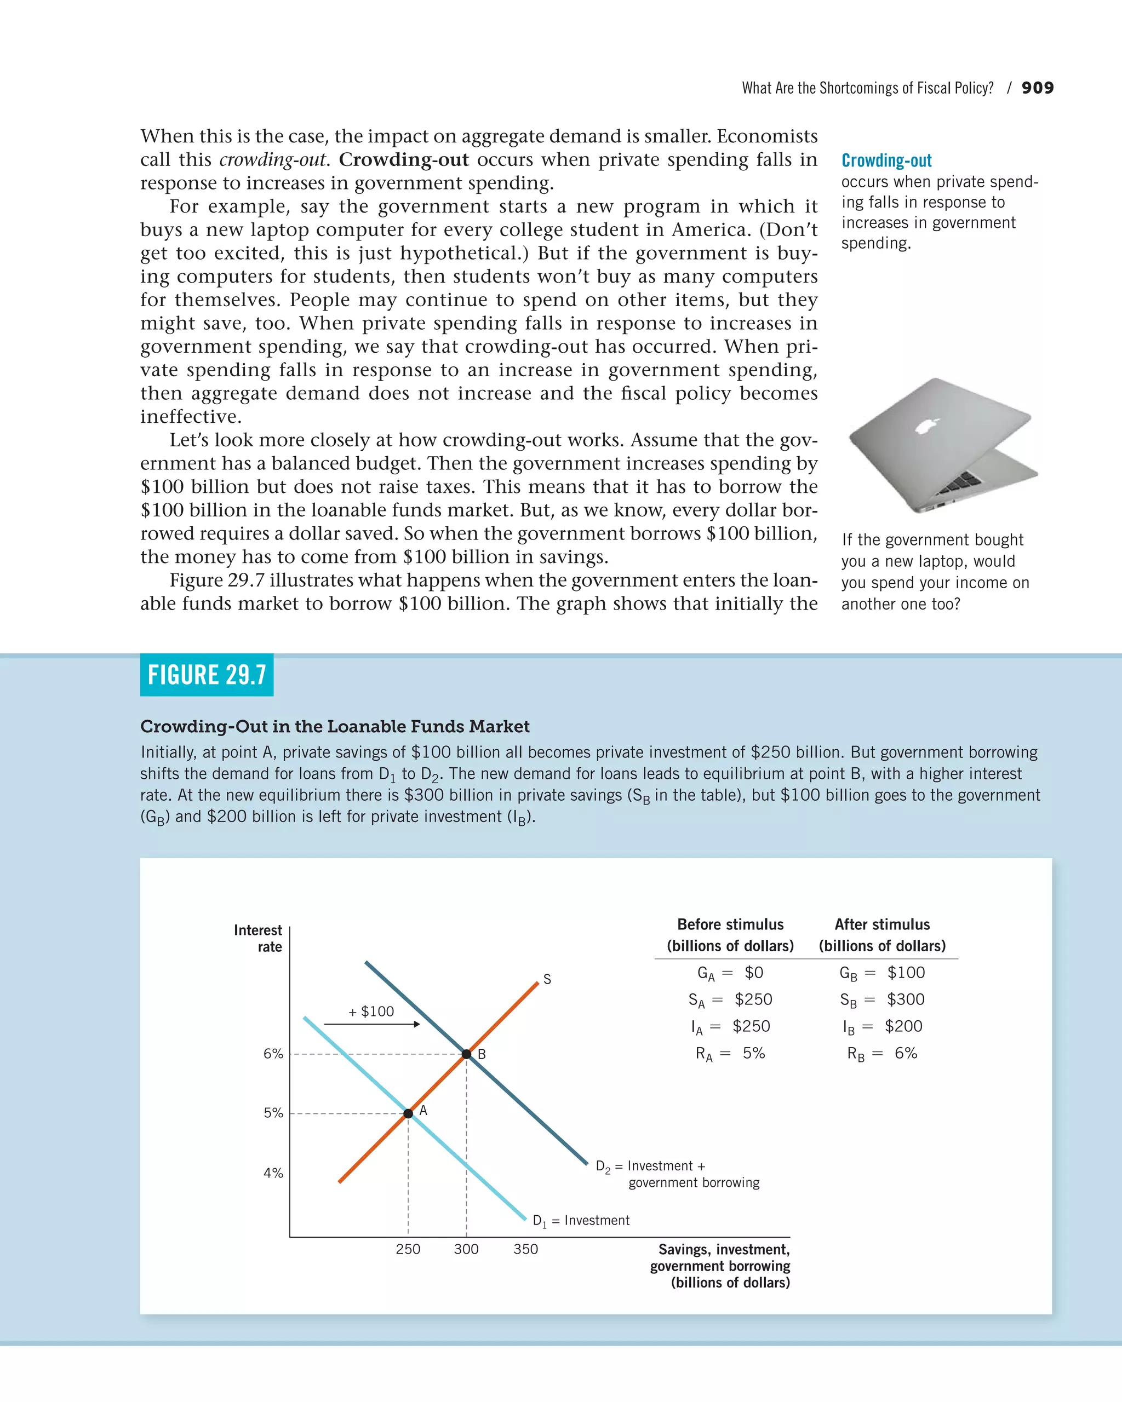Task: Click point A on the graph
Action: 408,1113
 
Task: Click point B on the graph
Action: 466,1054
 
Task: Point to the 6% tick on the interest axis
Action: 273,1054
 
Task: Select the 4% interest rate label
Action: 273,1173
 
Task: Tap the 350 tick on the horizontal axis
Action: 525,1249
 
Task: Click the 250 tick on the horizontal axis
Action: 408,1249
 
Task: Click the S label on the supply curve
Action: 547,979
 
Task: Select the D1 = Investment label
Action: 581,1221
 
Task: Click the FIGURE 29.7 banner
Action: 207,675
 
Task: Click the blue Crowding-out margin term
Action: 886,160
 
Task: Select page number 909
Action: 1038,88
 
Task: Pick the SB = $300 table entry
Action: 882,999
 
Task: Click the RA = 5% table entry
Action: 730,1054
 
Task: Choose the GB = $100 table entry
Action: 882,973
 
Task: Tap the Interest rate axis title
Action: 258,938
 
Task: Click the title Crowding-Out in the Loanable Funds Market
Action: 335,726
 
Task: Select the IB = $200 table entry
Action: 882,1026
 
